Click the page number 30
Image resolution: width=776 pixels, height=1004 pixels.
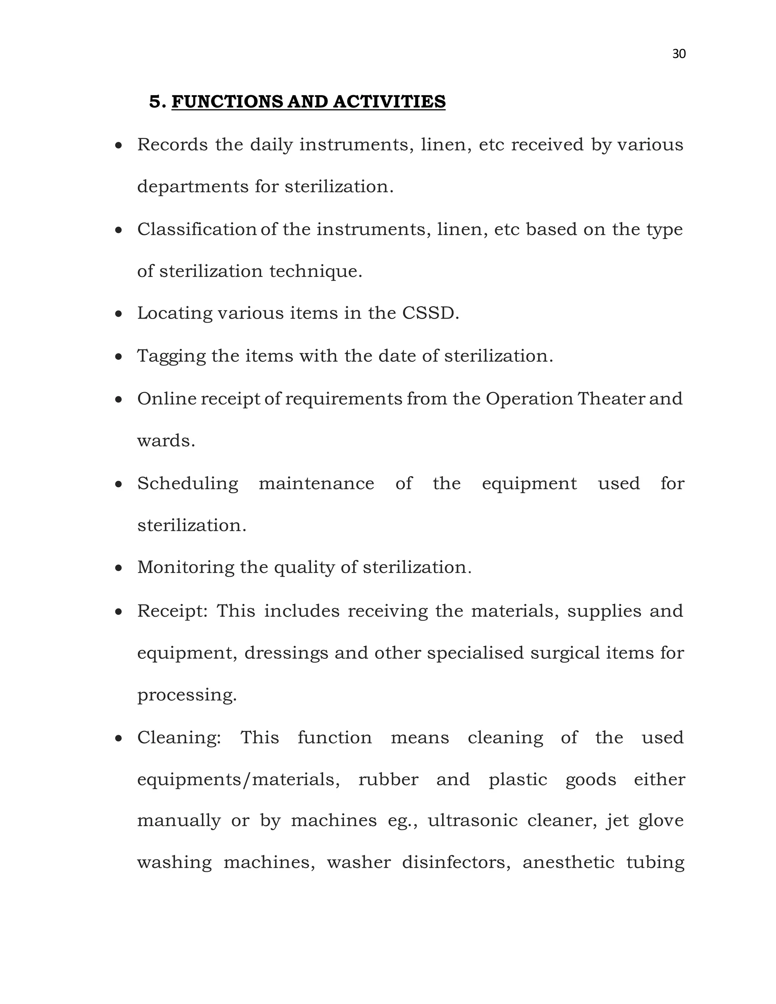pyautogui.click(x=679, y=54)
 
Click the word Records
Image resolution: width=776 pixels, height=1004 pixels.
pyautogui.click(x=172, y=145)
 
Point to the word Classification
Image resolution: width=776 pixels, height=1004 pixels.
pyautogui.click(x=197, y=229)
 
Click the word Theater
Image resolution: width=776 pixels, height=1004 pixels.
pyautogui.click(x=612, y=399)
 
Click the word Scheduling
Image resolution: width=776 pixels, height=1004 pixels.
pyautogui.click(x=188, y=483)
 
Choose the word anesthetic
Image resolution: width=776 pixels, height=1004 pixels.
pyautogui.click(x=568, y=862)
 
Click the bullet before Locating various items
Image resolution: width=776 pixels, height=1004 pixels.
pyautogui.click(x=119, y=314)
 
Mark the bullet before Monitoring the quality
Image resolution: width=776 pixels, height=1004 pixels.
pyautogui.click(x=119, y=569)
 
